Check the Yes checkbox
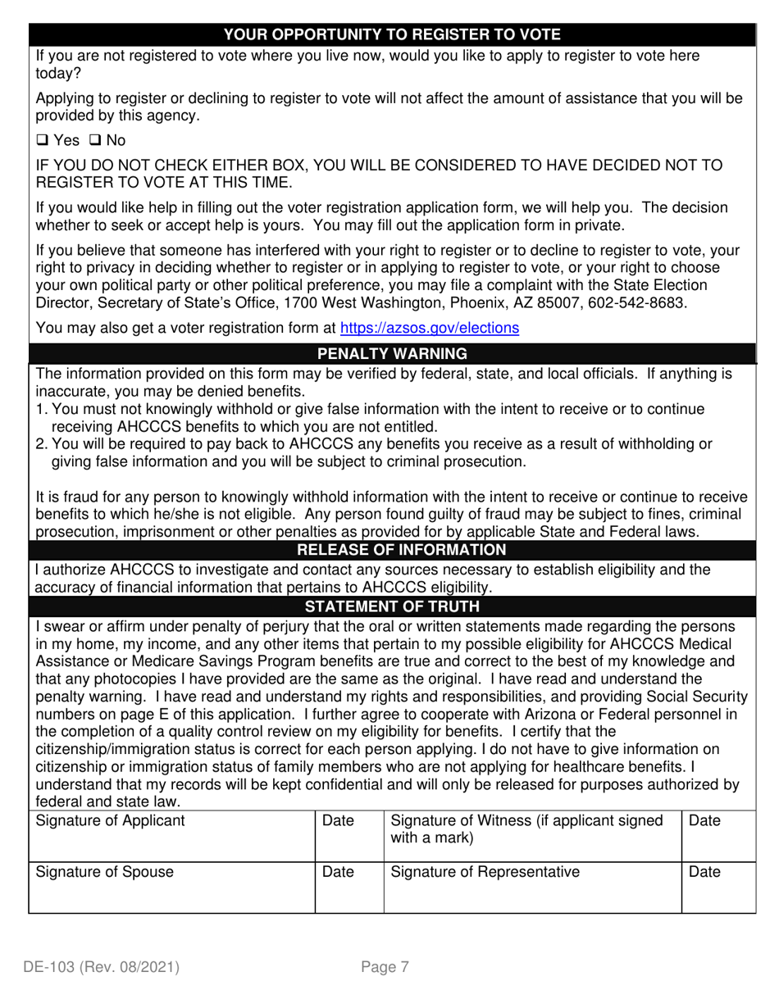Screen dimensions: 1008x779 (42, 141)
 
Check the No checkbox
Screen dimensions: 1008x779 (94, 141)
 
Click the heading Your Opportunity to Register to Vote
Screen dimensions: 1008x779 (392, 34)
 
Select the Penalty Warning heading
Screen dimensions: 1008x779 (392, 354)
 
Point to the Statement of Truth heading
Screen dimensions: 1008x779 (392, 606)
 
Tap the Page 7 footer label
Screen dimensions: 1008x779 (385, 967)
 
